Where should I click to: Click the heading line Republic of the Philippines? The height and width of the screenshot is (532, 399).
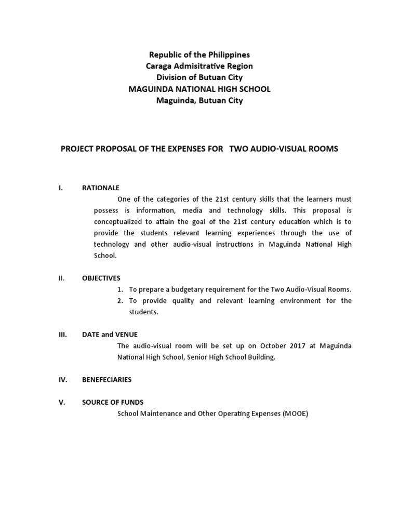tap(199, 55)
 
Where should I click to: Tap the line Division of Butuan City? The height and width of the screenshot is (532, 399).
tap(199, 77)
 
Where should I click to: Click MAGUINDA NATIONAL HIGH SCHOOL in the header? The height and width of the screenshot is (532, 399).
tap(199, 89)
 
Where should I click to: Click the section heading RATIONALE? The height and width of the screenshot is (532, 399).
tap(101, 188)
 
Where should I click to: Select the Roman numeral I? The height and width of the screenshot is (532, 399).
tap(61, 188)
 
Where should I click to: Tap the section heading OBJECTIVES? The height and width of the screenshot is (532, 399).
tap(101, 278)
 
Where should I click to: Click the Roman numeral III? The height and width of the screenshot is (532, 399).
tap(62, 335)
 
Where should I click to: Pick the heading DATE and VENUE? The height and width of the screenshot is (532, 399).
tap(110, 335)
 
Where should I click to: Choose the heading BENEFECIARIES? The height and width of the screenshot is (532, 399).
tap(107, 379)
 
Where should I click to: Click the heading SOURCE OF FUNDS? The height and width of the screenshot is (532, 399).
tap(113, 402)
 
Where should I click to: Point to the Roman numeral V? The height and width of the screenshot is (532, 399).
tap(61, 402)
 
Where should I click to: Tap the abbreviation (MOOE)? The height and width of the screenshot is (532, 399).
tap(296, 414)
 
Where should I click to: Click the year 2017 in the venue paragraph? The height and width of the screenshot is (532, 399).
tap(298, 345)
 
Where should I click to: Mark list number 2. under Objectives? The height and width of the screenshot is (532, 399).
tap(119, 301)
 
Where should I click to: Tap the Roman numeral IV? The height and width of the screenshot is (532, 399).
tap(62, 379)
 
